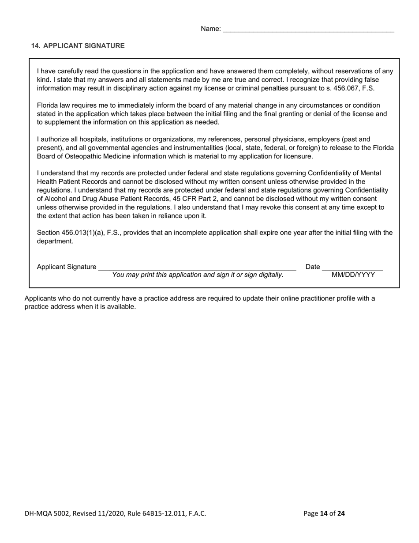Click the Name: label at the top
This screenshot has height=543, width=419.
[x=210, y=29]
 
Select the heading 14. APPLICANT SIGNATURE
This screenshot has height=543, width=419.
[x=78, y=45]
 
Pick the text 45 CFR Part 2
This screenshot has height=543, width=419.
[x=195, y=199]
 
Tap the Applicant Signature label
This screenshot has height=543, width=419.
[x=67, y=267]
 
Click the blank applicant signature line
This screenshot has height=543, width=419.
[x=197, y=268]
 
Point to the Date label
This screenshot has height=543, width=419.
[x=313, y=267]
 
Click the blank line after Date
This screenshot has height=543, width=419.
[x=352, y=268]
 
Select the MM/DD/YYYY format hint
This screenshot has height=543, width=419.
[x=353, y=275]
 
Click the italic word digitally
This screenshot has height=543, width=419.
[x=269, y=275]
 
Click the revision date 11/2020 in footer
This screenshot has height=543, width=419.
[x=108, y=513]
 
